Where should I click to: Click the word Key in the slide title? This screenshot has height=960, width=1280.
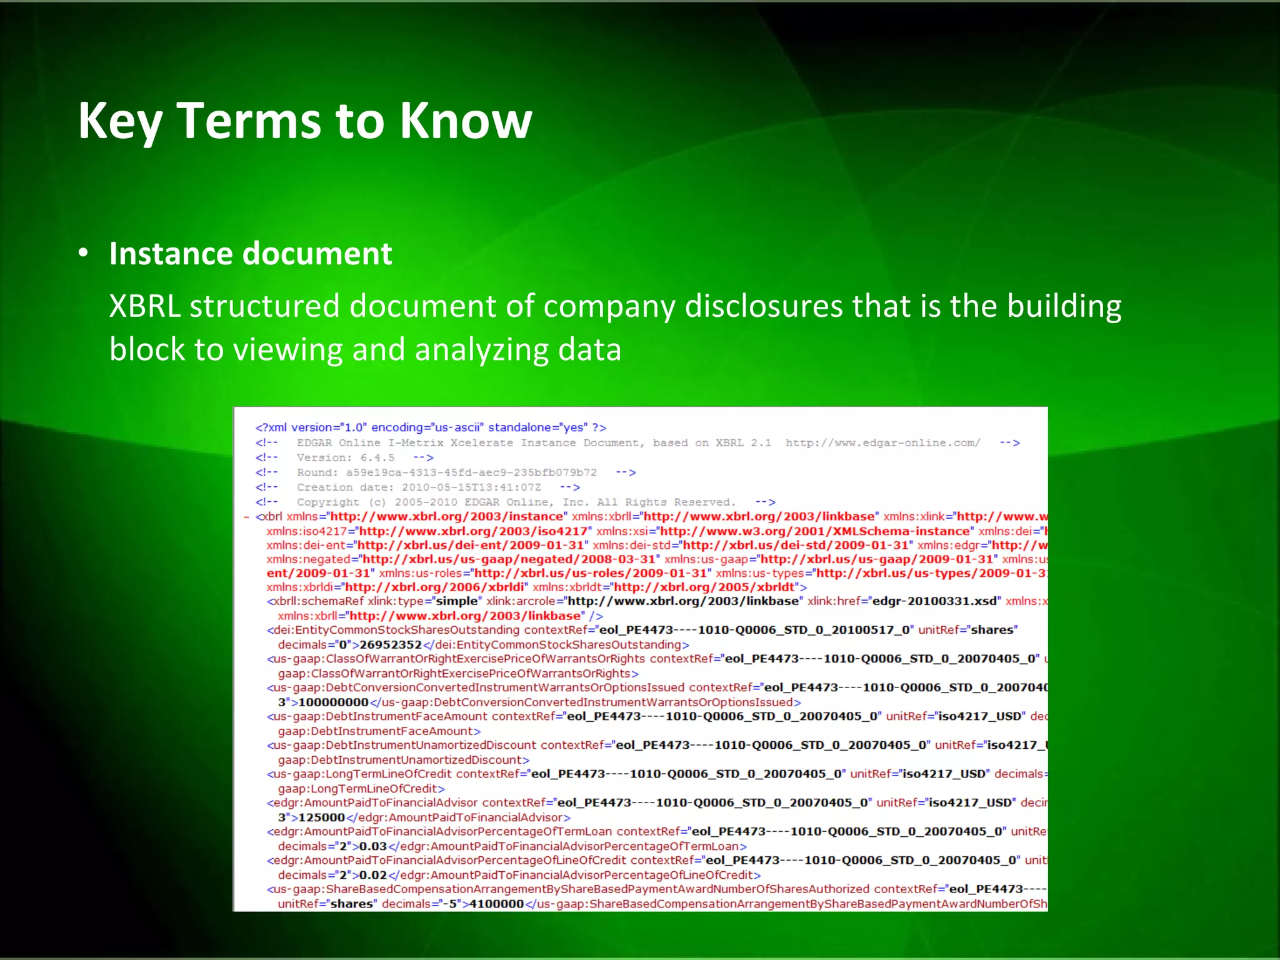point(119,121)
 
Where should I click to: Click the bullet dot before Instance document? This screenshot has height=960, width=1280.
point(83,254)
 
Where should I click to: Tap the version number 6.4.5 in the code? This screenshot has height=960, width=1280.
point(377,457)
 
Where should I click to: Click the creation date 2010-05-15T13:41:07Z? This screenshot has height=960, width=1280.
point(471,487)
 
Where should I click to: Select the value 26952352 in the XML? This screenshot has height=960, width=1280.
point(391,644)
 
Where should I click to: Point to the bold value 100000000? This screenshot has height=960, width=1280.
point(333,702)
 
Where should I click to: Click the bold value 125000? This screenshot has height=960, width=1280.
point(321,817)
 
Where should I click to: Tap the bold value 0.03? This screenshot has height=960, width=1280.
point(373,846)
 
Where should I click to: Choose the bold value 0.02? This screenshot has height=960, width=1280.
point(373,875)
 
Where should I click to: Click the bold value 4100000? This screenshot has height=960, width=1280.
point(496,904)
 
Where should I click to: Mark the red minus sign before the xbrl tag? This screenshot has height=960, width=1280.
point(246,517)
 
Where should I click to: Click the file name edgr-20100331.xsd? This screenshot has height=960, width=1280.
point(935,601)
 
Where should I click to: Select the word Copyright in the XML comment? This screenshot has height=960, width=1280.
point(328,502)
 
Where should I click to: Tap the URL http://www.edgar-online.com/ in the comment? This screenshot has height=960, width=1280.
point(882,442)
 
